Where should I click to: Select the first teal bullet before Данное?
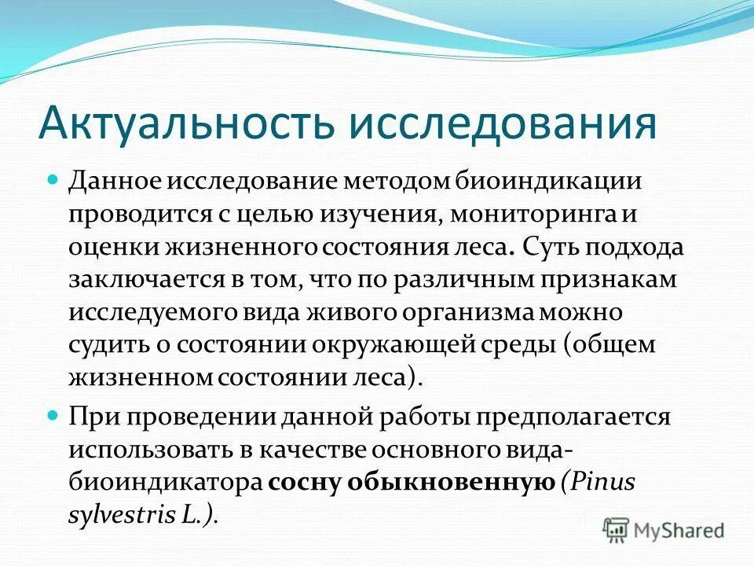click(x=54, y=180)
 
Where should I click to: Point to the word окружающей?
click(x=430, y=344)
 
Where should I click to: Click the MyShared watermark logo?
click(x=663, y=529)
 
